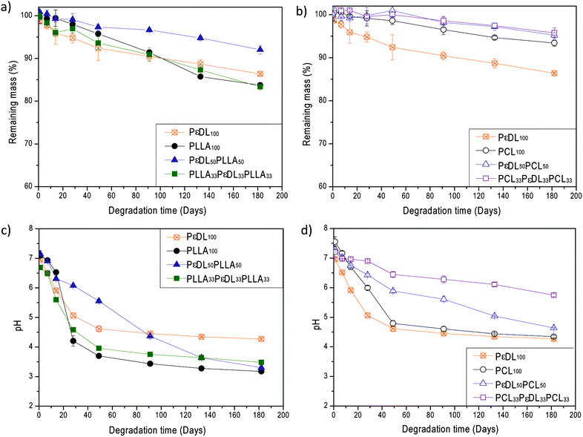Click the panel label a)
(x=8, y=8)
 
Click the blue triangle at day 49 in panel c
(x=98, y=300)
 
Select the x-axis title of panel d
(x=454, y=429)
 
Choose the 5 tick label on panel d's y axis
(x=325, y=317)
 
